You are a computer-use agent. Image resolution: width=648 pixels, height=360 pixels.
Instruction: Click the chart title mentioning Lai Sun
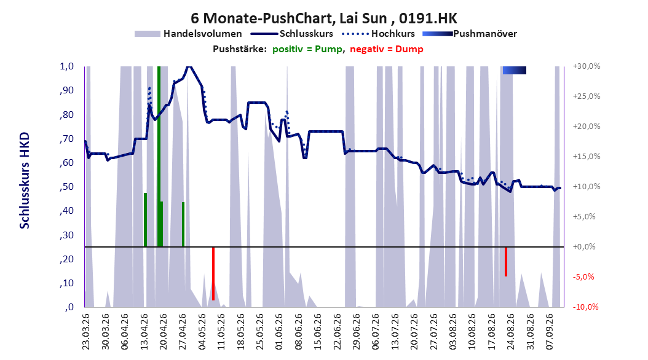coord(323,18)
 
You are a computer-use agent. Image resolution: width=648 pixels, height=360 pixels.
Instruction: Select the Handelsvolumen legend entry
coord(188,34)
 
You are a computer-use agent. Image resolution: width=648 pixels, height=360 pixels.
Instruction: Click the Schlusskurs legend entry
coord(292,34)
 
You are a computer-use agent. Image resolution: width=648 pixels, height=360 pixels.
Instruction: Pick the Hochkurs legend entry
coord(377,34)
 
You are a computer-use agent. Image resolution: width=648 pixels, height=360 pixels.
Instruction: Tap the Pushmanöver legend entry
coord(470,34)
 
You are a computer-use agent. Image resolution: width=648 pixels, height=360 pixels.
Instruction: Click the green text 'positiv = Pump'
coord(307,49)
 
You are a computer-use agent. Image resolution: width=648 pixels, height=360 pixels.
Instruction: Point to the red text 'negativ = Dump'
coord(387,49)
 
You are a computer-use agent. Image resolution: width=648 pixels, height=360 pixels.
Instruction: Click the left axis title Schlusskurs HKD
coord(25,181)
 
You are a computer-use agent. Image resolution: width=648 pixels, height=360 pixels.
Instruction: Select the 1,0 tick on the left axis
coord(66,66)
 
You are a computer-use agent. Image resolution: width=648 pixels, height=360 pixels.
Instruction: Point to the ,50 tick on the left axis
coord(66,187)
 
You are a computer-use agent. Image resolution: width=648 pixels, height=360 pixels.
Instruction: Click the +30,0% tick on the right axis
coord(587,66)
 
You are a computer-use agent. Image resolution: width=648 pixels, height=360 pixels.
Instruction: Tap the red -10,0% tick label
coord(585,307)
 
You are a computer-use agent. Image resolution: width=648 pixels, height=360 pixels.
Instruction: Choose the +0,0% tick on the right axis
coord(584,246)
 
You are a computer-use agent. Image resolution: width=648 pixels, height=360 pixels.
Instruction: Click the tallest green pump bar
coord(159,157)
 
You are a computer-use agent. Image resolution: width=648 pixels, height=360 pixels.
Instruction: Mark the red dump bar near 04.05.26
coord(213,274)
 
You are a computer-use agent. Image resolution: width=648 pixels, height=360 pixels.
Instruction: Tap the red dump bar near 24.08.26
coord(506,261)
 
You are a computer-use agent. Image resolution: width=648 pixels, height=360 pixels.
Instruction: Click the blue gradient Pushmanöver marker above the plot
coord(515,70)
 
